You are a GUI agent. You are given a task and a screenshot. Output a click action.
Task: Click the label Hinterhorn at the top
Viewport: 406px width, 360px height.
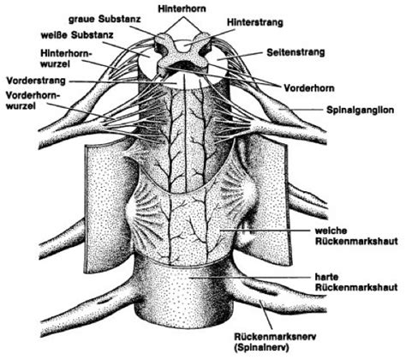[x=182, y=9]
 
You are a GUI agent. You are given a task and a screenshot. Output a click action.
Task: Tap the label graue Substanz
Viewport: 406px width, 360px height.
[x=104, y=19]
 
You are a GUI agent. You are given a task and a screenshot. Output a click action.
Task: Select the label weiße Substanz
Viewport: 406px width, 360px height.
[x=77, y=35]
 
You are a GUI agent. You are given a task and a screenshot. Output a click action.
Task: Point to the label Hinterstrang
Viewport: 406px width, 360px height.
[x=255, y=22]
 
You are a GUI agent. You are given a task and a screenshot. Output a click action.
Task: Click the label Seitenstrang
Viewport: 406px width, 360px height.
[x=296, y=52]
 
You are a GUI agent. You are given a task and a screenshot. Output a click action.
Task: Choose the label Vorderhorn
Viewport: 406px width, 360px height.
[x=308, y=87]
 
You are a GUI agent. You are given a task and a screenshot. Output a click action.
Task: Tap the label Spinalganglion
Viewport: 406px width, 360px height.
[x=361, y=110]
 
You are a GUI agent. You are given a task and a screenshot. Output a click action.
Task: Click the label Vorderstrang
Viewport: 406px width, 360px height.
[x=36, y=81]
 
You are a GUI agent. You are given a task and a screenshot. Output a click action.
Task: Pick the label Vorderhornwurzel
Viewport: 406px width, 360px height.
[x=33, y=100]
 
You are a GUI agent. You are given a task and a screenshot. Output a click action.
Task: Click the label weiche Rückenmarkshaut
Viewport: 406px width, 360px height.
[x=356, y=236]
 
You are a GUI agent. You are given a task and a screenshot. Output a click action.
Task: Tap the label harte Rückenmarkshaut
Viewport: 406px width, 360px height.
[x=356, y=282]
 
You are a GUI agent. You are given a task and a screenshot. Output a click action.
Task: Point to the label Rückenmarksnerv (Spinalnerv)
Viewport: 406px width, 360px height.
[x=275, y=342]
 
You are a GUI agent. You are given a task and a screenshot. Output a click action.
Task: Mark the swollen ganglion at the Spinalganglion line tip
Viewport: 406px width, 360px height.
[x=278, y=111]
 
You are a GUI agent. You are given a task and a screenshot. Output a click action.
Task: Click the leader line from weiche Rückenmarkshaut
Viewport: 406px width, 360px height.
[x=265, y=230]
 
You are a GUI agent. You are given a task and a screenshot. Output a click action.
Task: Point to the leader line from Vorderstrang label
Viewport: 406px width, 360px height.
[x=123, y=82]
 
